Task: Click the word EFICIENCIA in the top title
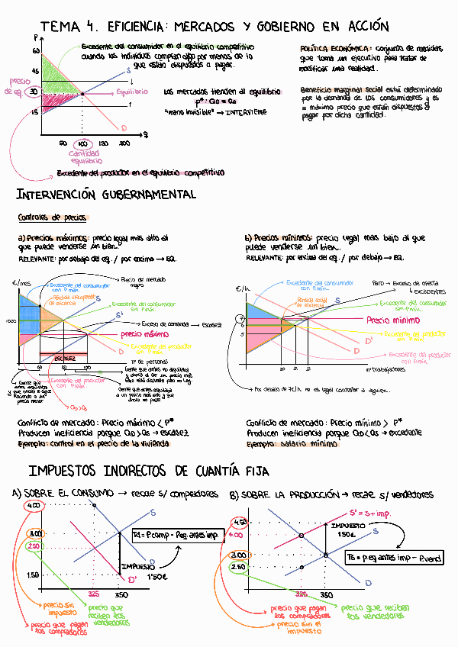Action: (x=140, y=27)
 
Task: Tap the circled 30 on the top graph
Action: (x=34, y=92)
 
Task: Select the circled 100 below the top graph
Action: (x=83, y=143)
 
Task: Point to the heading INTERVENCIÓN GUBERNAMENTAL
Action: (x=106, y=195)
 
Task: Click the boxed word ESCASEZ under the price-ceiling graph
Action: (x=66, y=357)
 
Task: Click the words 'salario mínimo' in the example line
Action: (x=305, y=443)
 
